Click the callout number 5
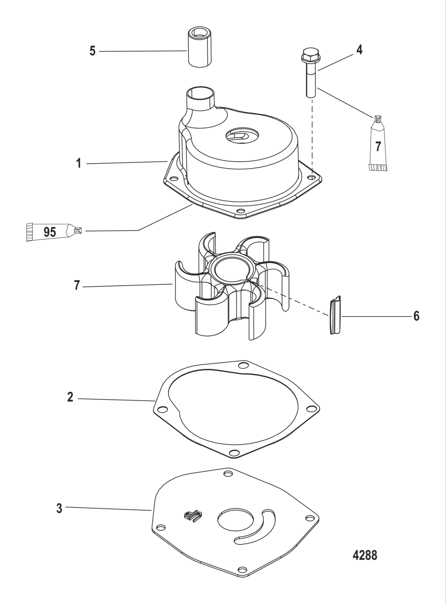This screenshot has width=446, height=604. (92, 51)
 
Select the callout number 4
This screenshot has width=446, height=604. (359, 50)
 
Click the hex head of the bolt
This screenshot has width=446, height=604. (311, 56)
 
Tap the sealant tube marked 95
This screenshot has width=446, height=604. (52, 232)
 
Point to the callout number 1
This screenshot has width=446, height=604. (79, 163)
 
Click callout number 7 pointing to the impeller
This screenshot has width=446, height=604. (77, 285)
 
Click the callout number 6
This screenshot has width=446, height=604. (416, 316)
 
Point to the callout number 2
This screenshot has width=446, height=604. (70, 397)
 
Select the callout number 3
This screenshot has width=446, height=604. (59, 508)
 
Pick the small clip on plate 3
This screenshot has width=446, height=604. (192, 516)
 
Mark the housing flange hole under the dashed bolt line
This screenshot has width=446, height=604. (311, 176)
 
